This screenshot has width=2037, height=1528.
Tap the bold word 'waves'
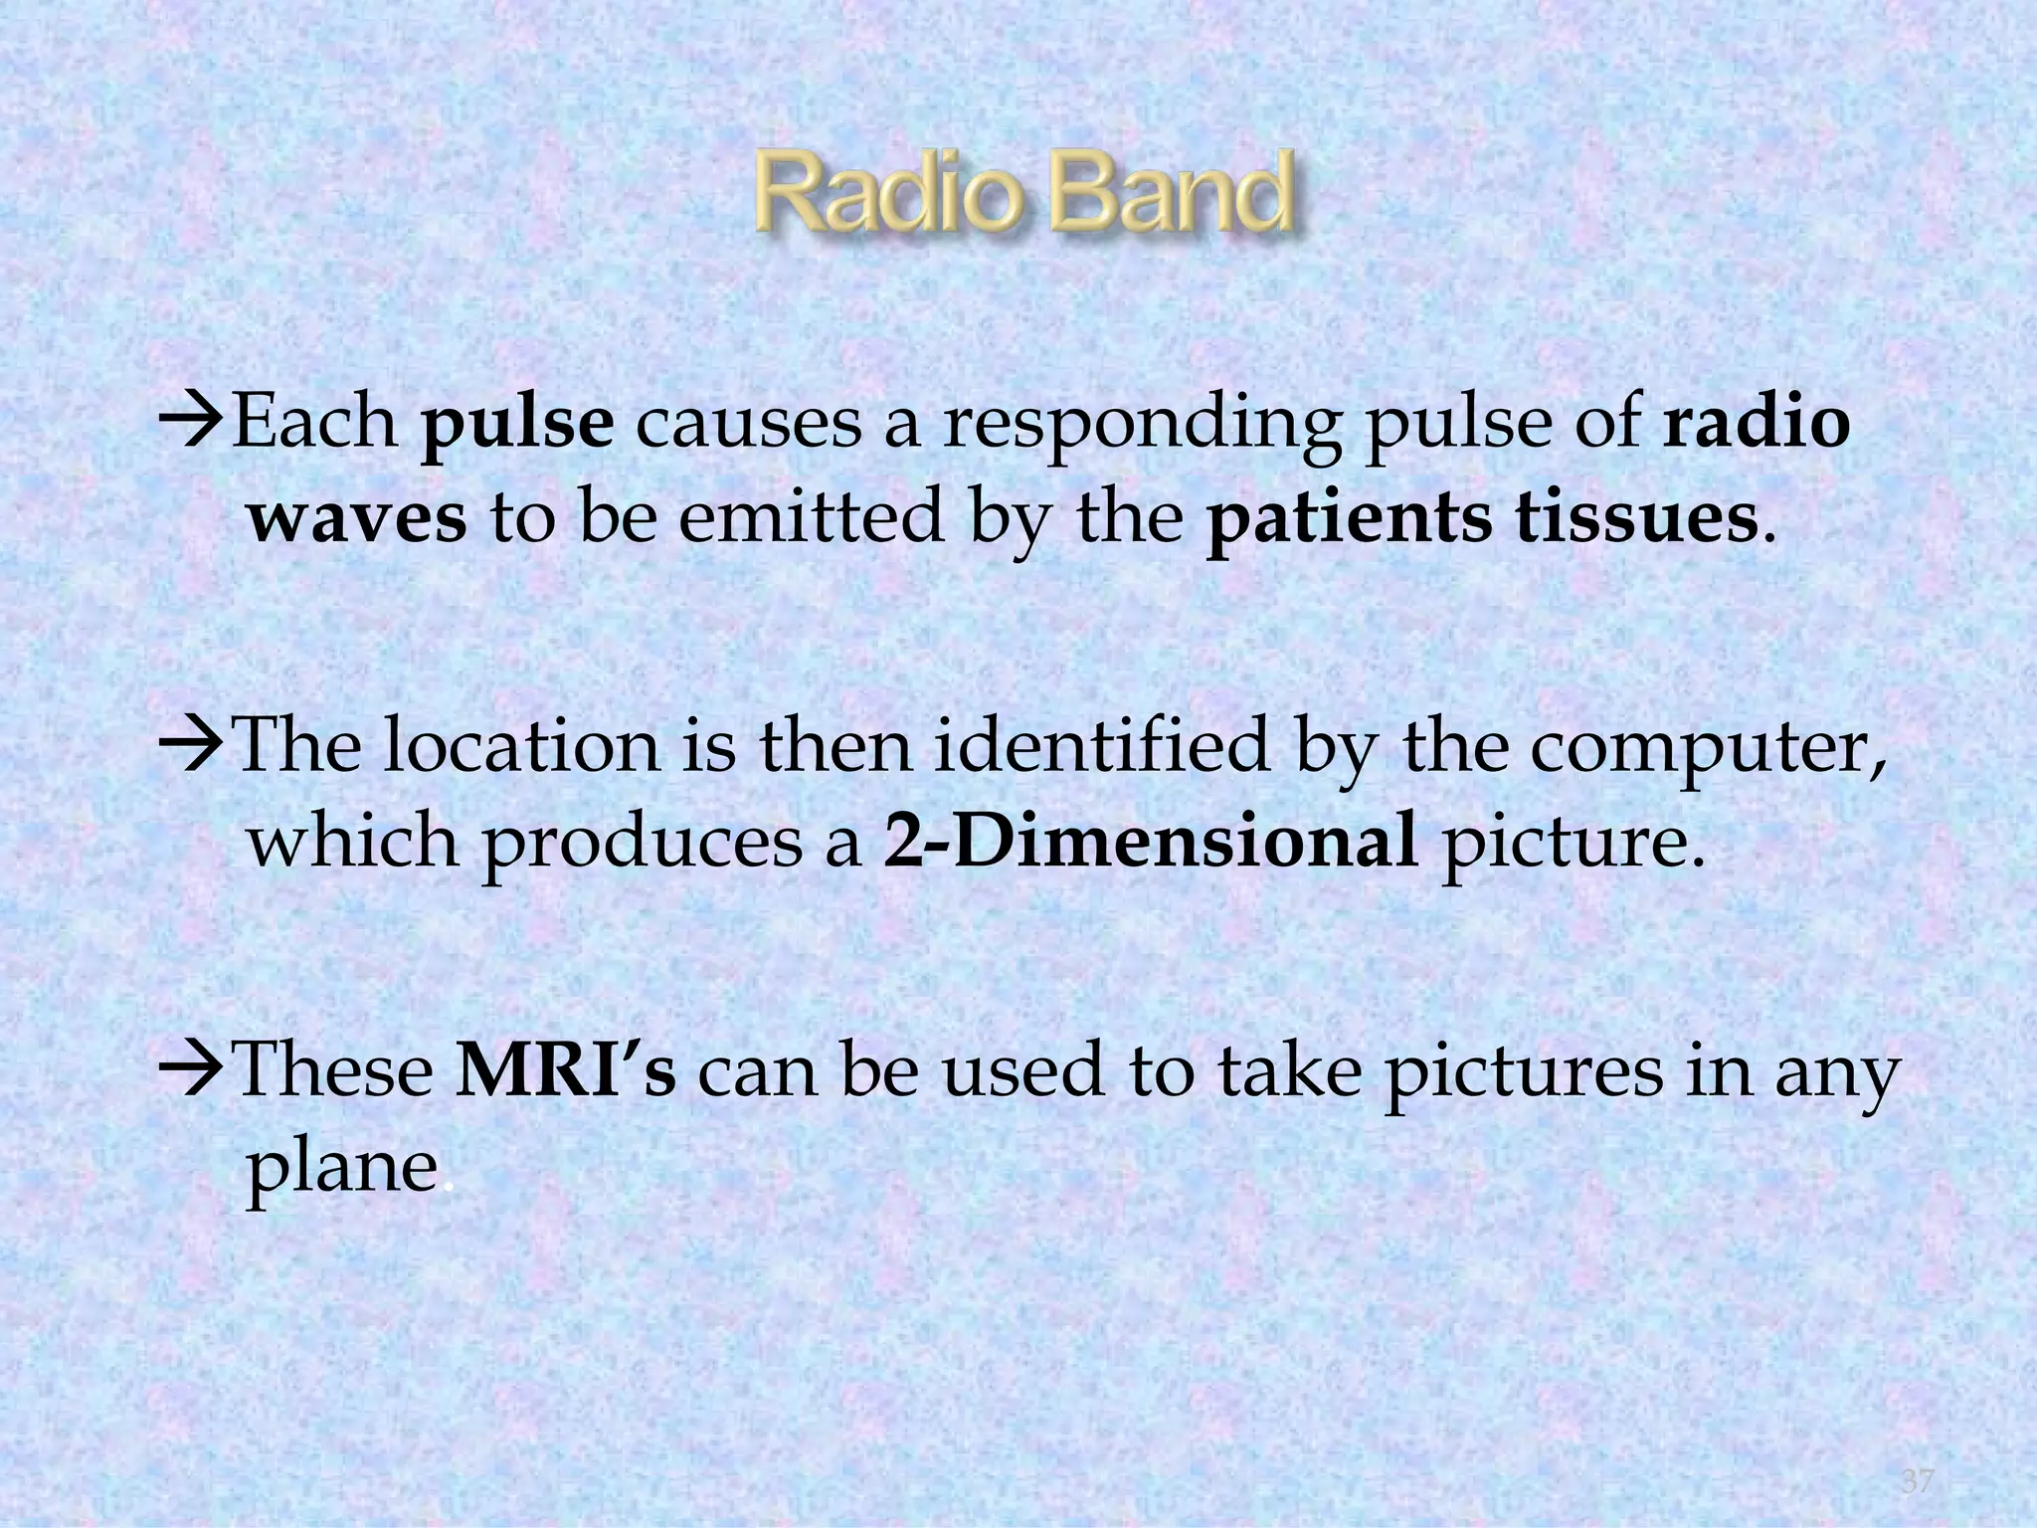pyautogui.click(x=356, y=519)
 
